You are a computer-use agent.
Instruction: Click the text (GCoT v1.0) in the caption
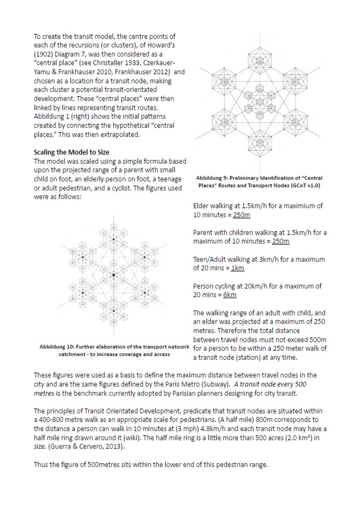[x=305, y=186]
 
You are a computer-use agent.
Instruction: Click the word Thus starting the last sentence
[x=41, y=464]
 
